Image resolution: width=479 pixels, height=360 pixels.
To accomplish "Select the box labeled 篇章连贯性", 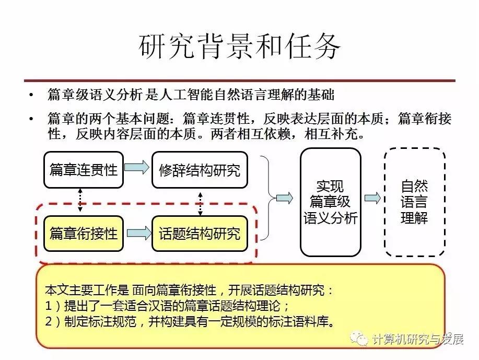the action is [x=84, y=170].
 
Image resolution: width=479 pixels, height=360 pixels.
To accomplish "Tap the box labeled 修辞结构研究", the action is [x=199, y=170].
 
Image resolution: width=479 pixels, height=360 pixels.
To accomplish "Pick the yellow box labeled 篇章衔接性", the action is [x=84, y=233].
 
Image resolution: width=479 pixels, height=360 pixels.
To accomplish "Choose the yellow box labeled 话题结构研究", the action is [x=199, y=233].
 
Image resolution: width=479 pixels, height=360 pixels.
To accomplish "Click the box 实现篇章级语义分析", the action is [x=330, y=202].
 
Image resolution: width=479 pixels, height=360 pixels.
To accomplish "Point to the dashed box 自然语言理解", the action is [x=414, y=202].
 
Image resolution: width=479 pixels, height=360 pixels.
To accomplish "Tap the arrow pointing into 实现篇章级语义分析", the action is [x=284, y=198].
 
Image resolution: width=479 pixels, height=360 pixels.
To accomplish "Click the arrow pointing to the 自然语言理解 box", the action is [x=372, y=198].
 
